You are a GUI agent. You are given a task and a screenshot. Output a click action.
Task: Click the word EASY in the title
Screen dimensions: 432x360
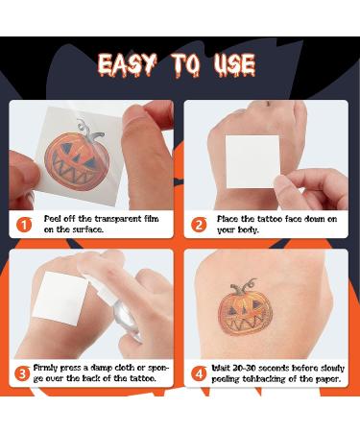[130, 66]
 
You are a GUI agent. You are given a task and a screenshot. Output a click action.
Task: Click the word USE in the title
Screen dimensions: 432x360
[231, 66]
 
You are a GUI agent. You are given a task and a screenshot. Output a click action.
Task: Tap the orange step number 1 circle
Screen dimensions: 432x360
[23, 225]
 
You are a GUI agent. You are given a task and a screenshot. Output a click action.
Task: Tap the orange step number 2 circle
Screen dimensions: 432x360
[200, 225]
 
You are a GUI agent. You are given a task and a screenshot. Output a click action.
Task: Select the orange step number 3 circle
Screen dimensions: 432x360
[23, 373]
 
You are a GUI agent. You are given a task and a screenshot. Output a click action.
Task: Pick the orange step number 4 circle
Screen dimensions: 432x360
[200, 373]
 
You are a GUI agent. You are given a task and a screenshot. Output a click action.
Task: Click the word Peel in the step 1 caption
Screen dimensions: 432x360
[54, 219]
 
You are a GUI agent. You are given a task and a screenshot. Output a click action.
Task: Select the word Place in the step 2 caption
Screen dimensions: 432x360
[231, 219]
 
